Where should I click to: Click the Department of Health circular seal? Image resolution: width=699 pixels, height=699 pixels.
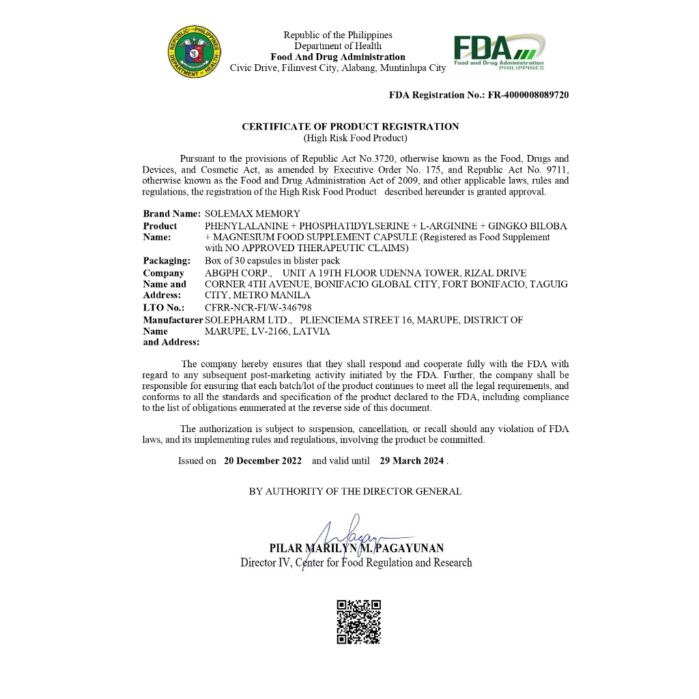[x=195, y=51]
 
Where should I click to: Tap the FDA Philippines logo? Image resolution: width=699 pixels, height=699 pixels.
[x=499, y=52]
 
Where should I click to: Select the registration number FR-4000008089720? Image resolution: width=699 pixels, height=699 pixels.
[x=528, y=95]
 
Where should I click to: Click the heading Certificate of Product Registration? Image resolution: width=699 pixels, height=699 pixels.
[x=350, y=126]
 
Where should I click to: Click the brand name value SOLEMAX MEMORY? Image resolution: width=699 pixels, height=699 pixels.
[x=253, y=214]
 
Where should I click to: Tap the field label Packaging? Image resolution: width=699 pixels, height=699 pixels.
[x=167, y=261]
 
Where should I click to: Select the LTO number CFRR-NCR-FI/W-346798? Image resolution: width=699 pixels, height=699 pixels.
[x=258, y=308]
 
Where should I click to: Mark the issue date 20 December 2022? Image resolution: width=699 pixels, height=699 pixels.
[x=263, y=461]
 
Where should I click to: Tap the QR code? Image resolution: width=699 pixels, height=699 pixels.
[x=358, y=622]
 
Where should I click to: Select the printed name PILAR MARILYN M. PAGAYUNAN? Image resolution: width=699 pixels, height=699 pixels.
[x=356, y=548]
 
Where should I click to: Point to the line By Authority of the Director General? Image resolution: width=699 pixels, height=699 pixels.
[x=355, y=491]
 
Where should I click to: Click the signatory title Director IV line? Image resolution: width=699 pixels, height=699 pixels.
[x=356, y=563]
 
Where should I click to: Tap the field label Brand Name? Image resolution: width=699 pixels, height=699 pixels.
[x=171, y=214]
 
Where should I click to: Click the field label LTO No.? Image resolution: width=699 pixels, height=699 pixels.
[x=164, y=308]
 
